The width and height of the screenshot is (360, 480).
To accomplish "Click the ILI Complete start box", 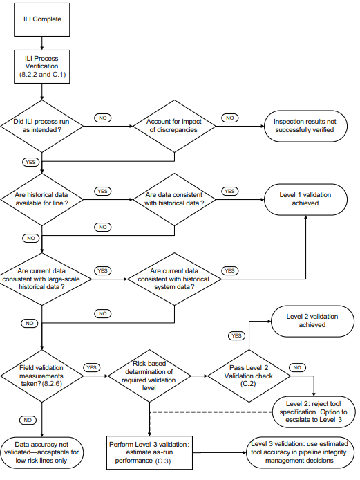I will (x=43, y=19).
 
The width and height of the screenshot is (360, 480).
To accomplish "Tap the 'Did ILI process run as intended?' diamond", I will (x=43, y=126).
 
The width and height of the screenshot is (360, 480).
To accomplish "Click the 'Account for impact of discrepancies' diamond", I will (x=174, y=126).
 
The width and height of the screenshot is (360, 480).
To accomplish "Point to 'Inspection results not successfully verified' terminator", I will (x=305, y=126).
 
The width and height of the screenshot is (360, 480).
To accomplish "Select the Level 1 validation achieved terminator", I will (x=305, y=200).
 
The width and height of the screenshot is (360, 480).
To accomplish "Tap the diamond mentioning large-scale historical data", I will (x=43, y=279).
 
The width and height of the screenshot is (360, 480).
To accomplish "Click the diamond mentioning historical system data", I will (x=174, y=279).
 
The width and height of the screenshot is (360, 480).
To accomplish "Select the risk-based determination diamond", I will (x=149, y=376).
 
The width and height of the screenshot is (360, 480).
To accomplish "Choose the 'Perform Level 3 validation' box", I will (x=149, y=450).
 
